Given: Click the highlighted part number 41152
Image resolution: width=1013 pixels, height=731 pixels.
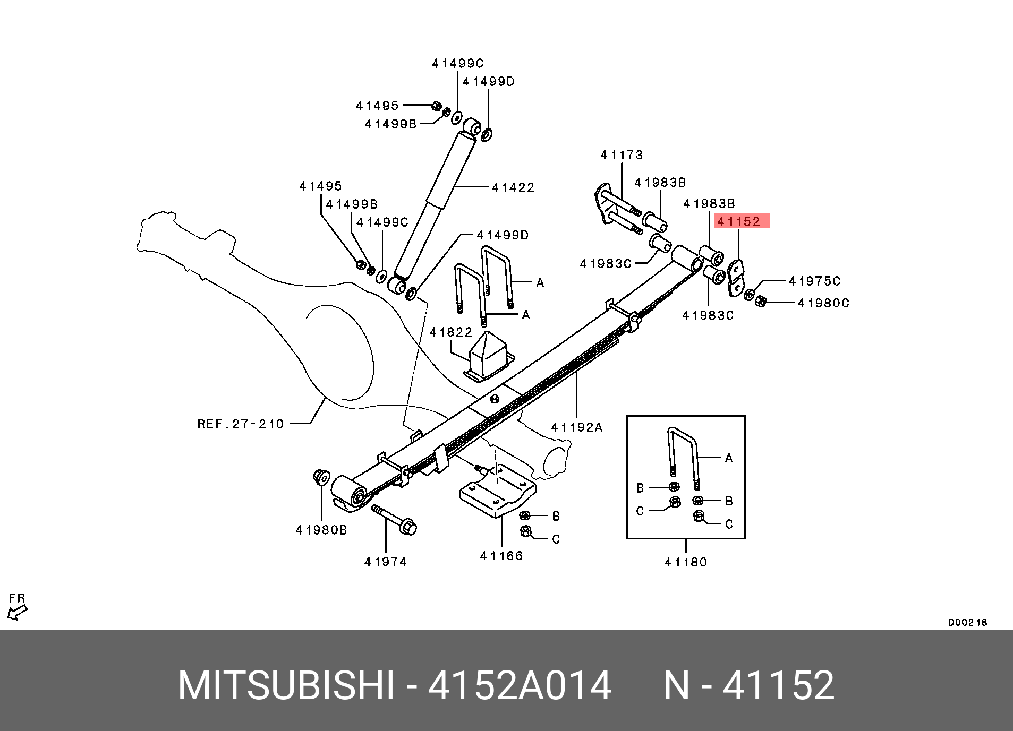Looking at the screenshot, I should tap(742, 221).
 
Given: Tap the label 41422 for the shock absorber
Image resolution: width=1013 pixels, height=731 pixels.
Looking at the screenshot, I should tap(513, 187).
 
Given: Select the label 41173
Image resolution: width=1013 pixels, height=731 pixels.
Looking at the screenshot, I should tap(622, 155).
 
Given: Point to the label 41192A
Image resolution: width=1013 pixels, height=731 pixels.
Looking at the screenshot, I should tap(577, 427).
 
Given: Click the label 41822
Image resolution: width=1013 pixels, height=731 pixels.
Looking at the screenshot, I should tap(450, 332).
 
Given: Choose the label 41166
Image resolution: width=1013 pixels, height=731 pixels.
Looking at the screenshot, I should tap(501, 556).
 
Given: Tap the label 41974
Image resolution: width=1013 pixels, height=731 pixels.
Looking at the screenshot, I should tap(386, 562).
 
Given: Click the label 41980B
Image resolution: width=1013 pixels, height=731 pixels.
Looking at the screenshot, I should tap(321, 530).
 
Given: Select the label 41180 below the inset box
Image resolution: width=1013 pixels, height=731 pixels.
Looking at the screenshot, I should tap(686, 562).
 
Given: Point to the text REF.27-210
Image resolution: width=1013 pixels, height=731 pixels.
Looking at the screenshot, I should tap(241, 424).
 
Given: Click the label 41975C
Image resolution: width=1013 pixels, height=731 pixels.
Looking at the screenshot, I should tap(815, 281).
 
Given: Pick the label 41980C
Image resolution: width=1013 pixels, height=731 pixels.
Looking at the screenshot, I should tap(823, 303).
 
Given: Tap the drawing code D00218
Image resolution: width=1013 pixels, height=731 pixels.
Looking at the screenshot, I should tap(968, 622).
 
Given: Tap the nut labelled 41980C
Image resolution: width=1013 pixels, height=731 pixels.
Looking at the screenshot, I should tap(760, 301).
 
